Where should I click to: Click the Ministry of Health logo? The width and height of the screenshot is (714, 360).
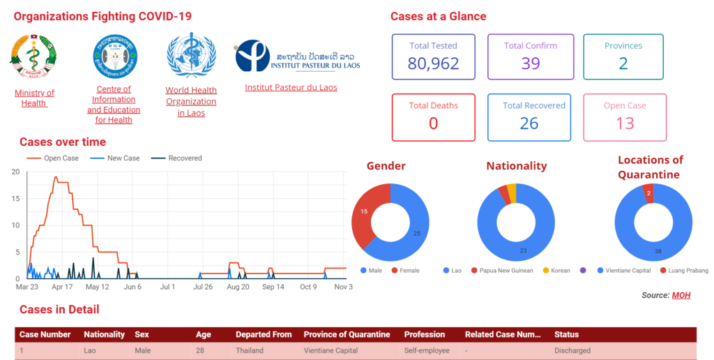[x=33, y=59]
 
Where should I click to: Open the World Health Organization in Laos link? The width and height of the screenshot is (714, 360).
[x=191, y=101]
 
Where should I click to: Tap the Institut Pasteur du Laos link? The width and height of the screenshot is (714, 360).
[x=291, y=87]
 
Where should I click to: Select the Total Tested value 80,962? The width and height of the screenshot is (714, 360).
[x=434, y=64]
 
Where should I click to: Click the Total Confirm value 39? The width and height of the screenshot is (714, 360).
[x=531, y=63]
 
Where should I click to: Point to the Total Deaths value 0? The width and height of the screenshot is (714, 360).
[x=434, y=123]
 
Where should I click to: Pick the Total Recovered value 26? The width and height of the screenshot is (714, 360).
[x=529, y=123]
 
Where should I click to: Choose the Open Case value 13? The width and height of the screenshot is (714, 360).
[x=625, y=123]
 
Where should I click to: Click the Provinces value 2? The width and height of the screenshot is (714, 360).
[x=623, y=63]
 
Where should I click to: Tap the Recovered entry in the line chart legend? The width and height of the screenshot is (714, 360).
[x=184, y=158]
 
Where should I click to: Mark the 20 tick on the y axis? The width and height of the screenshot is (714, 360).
[x=15, y=172]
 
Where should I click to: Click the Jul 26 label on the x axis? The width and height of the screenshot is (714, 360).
[x=203, y=287]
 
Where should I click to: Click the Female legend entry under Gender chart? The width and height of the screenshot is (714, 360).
[x=409, y=271]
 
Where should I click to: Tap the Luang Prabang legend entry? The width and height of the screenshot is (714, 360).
[x=688, y=271]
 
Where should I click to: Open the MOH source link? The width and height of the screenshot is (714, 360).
[x=681, y=295]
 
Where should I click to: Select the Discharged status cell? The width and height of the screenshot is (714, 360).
[x=572, y=350]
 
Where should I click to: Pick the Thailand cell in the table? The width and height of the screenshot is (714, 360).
[x=249, y=350]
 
